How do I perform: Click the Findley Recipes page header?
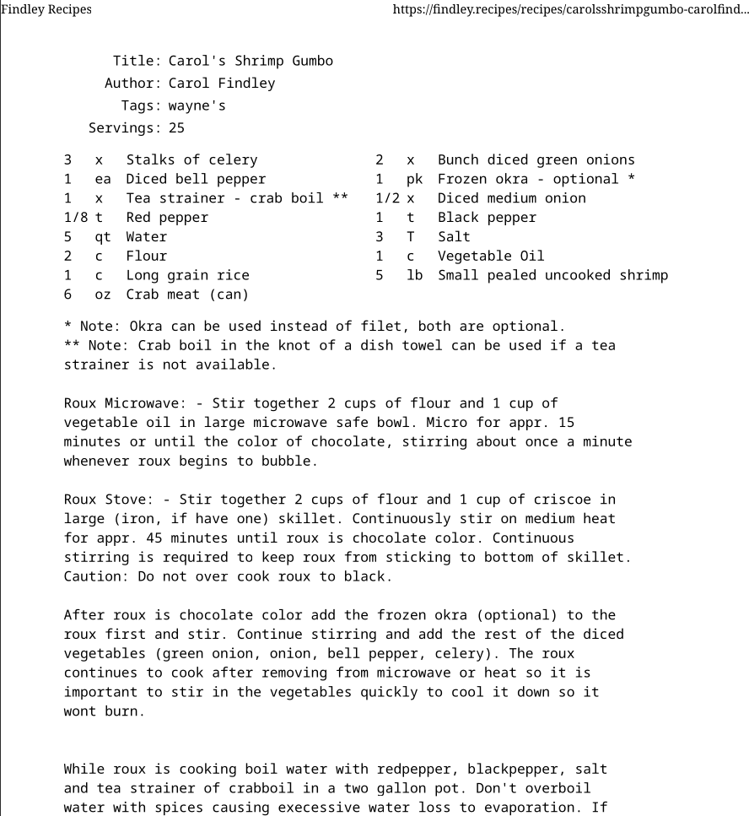[46, 9]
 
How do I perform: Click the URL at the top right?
[570, 9]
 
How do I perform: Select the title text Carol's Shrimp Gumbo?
[251, 61]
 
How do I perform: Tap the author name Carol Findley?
[222, 83]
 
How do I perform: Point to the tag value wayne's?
[197, 105]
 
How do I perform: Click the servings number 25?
[176, 128]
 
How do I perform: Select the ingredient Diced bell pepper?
[196, 179]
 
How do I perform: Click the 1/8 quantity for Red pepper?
[76, 218]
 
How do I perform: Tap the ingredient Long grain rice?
[187, 275]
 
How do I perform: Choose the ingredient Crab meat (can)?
[187, 295]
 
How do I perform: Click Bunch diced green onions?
[536, 159]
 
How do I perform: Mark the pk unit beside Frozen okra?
[414, 179]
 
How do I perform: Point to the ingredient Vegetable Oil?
[491, 256]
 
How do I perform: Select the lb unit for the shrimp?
[414, 275]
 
